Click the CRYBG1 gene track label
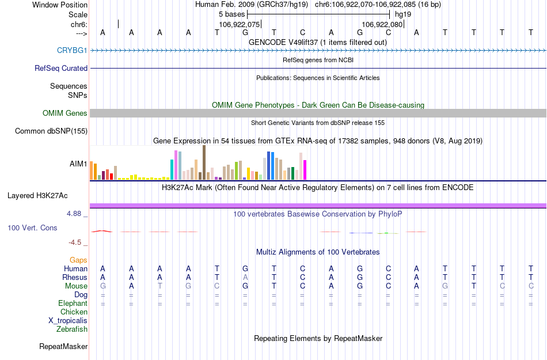tap(72, 51)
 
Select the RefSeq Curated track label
tap(61, 68)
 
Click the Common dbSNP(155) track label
tap(51, 131)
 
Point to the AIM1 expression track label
tap(78, 164)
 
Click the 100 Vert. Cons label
tap(32, 228)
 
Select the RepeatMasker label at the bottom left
tap(63, 347)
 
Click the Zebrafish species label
tap(72, 329)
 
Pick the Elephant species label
tap(73, 304)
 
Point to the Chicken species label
tap(74, 312)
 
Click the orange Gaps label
tap(79, 260)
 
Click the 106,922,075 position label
tap(240, 25)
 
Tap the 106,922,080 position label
tap(382, 25)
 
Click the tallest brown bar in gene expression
tap(204, 162)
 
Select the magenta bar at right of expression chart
tap(305, 170)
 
